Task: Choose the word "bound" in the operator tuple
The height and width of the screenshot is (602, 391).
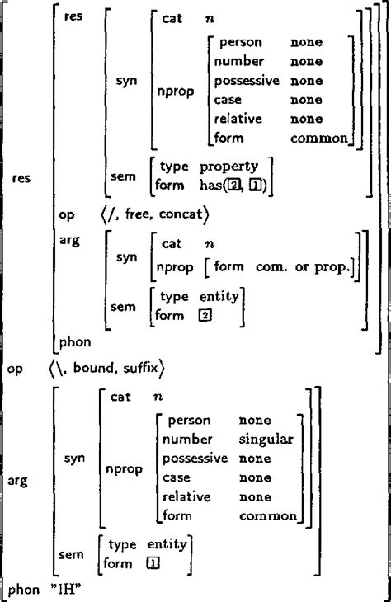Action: coord(95,364)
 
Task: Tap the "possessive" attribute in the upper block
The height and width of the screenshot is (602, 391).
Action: coord(247,81)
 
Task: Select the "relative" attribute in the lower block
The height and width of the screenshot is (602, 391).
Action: coord(186,497)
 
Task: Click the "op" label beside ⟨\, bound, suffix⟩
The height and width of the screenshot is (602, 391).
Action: coord(15,364)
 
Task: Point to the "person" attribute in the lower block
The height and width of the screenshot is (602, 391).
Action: coord(190,421)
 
